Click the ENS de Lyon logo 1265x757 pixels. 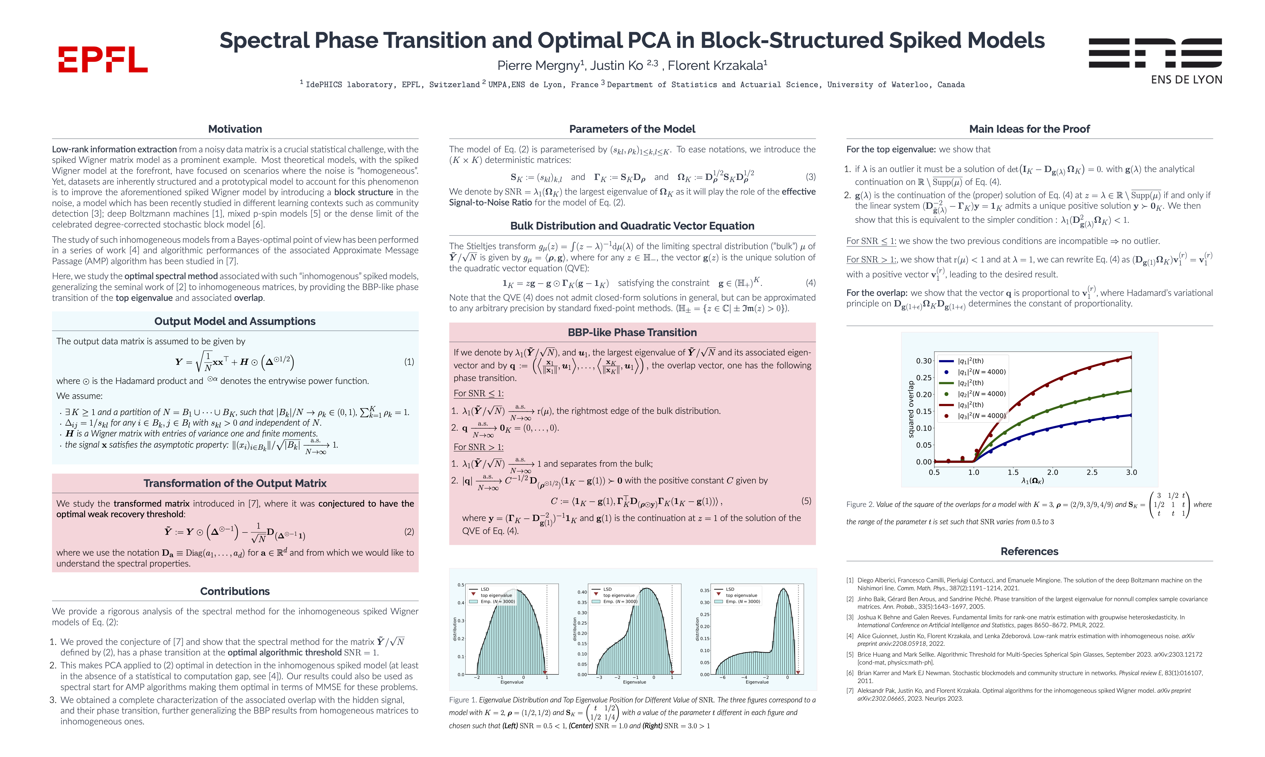pos(1155,60)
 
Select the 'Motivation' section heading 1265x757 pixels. pos(235,129)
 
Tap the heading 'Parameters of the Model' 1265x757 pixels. pos(632,129)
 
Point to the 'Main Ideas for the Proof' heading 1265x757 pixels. pos(1029,129)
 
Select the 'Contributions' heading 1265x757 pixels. pos(235,591)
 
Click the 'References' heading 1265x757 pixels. pos(1029,552)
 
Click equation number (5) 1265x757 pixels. pos(806,501)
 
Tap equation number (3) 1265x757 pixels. pos(810,177)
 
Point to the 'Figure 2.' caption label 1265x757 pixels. pos(860,505)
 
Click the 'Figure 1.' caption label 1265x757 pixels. pos(462,700)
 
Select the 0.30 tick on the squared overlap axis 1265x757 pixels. pos(923,361)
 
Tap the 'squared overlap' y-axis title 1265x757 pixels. pos(911,409)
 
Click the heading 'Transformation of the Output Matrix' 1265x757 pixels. pos(235,483)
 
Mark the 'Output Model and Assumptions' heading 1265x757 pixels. pos(235,321)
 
